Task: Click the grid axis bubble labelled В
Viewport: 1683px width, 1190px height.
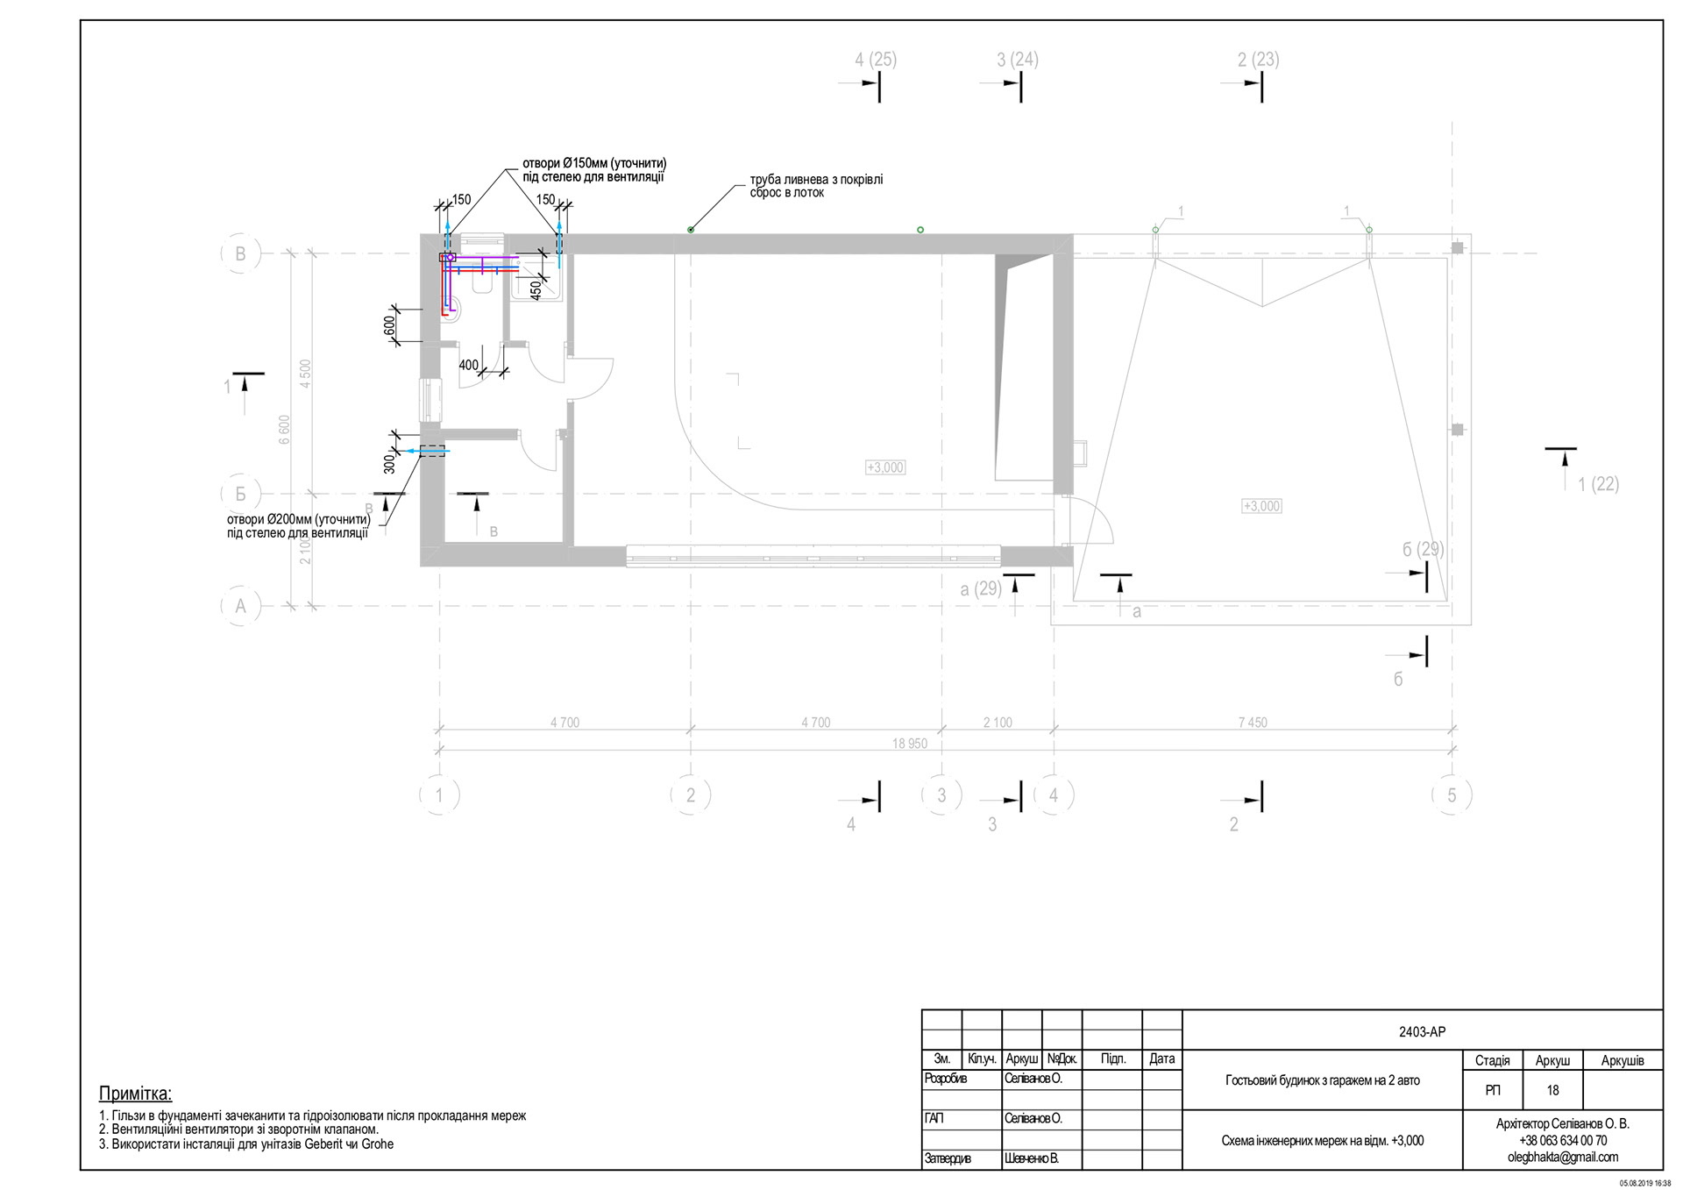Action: tap(240, 254)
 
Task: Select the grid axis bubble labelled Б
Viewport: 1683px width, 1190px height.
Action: tap(240, 494)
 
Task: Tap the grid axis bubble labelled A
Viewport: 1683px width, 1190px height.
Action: tap(240, 606)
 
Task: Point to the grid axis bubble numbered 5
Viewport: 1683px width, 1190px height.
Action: tap(1452, 795)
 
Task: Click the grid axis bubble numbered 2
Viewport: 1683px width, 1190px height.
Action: tap(691, 795)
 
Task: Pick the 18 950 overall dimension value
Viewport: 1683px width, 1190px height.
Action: tap(910, 744)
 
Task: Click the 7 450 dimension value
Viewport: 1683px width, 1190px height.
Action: tap(1253, 723)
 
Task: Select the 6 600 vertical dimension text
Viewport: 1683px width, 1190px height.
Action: tap(284, 430)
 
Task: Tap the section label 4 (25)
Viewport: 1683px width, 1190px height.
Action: tap(876, 60)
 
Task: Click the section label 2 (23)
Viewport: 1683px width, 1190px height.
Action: tap(1258, 60)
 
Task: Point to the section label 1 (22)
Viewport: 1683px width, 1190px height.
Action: tap(1598, 484)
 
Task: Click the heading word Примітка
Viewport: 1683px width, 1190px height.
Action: tap(136, 1094)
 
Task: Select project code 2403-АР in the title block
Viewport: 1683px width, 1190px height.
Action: tap(1422, 1032)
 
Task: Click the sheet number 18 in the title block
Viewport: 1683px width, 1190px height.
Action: tap(1552, 1091)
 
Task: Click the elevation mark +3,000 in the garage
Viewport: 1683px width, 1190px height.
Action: tap(1262, 506)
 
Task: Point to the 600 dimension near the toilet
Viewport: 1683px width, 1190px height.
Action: tap(390, 325)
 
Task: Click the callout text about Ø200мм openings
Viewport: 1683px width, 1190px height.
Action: tap(298, 526)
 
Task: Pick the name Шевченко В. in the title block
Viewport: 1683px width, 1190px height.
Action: tap(1032, 1158)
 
